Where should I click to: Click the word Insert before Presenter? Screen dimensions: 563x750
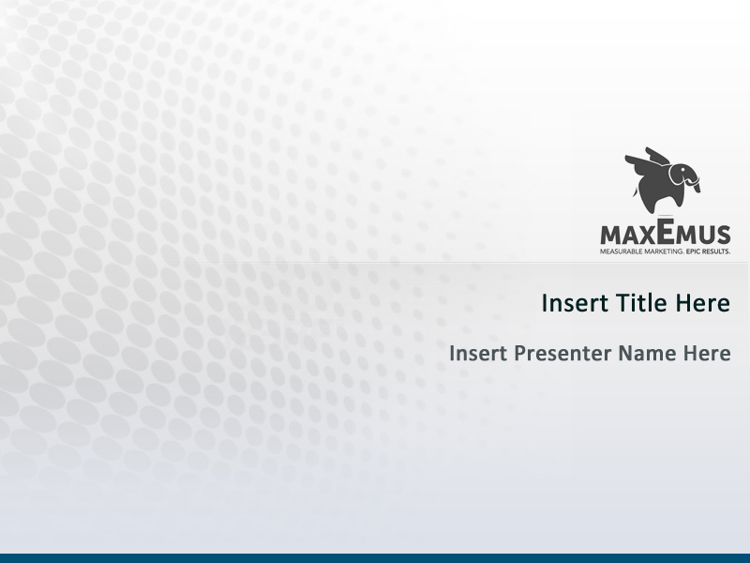click(x=478, y=354)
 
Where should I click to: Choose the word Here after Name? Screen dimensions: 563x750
click(x=707, y=354)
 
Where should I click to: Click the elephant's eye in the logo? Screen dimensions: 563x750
click(x=687, y=171)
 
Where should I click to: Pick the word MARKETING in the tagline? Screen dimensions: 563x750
click(x=662, y=251)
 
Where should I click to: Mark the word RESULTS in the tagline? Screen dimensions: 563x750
click(x=717, y=251)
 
